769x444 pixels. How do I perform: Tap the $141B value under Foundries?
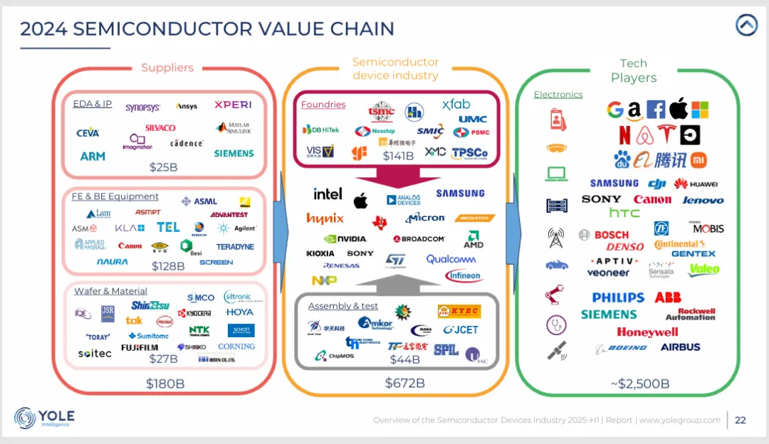pyautogui.click(x=398, y=156)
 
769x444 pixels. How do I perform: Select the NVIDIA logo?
pyautogui.click(x=345, y=239)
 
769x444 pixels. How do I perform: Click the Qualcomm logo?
pyautogui.click(x=451, y=259)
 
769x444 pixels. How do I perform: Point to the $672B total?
pyautogui.click(x=404, y=383)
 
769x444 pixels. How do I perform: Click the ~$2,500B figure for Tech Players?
pyautogui.click(x=639, y=384)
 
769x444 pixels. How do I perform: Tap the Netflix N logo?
pyautogui.click(x=624, y=134)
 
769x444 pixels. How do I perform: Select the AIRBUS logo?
pyautogui.click(x=680, y=347)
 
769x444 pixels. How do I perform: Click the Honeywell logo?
pyautogui.click(x=647, y=332)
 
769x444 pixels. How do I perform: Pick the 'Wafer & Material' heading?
pyautogui.click(x=110, y=291)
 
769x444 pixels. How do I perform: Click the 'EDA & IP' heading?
pyautogui.click(x=93, y=104)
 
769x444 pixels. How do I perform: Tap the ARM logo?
pyautogui.click(x=93, y=156)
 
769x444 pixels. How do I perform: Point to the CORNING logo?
pyautogui.click(x=236, y=347)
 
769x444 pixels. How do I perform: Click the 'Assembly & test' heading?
pyautogui.click(x=343, y=306)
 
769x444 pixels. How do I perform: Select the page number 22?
pyautogui.click(x=741, y=420)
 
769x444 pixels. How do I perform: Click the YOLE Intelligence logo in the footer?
pyautogui.click(x=44, y=418)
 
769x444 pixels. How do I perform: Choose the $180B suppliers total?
pyautogui.click(x=164, y=384)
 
